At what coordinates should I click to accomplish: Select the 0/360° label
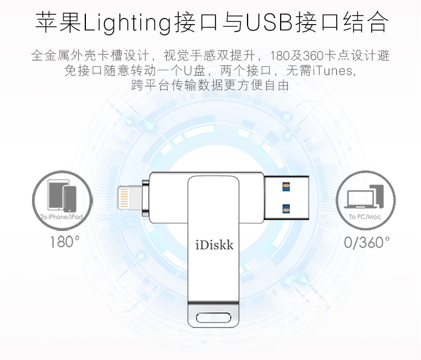(367, 242)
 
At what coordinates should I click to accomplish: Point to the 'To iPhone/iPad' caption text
(62, 216)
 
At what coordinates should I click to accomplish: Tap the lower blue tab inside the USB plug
(286, 208)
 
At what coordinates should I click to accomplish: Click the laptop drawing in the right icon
(360, 199)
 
